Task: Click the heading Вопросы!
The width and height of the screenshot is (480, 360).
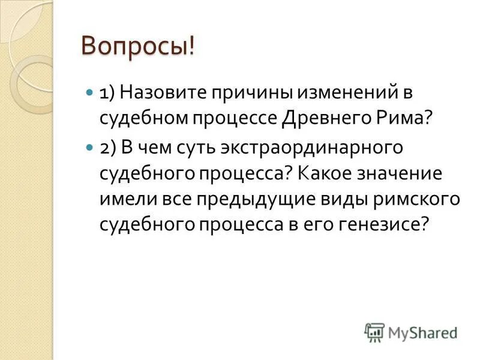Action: coord(138,46)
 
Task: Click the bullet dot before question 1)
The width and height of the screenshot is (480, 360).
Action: coord(89,94)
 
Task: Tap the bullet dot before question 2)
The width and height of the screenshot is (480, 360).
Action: coord(89,148)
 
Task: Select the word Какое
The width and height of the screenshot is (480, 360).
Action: coord(326,174)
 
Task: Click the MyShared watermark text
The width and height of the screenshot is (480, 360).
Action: coord(422,332)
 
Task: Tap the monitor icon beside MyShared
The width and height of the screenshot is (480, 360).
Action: coord(374,332)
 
